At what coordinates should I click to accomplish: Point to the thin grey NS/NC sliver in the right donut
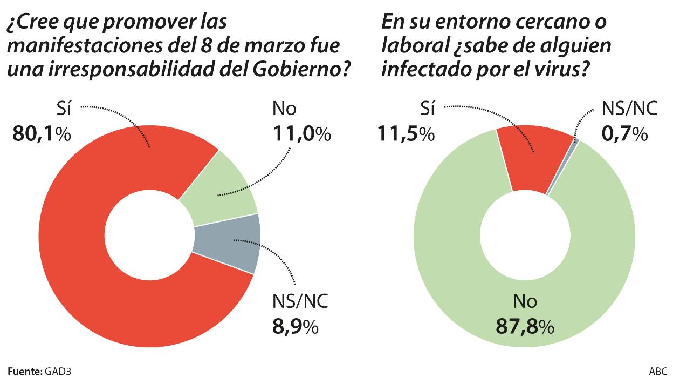click(575, 142)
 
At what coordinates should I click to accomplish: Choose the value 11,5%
click(406, 133)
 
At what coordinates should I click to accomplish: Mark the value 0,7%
click(624, 133)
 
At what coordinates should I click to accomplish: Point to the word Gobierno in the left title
click(305, 69)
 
